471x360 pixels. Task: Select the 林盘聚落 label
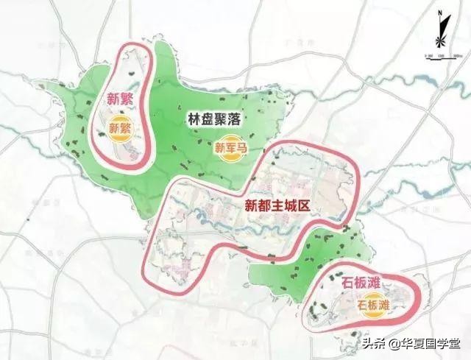[213, 116]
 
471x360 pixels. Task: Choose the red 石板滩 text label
[339, 283]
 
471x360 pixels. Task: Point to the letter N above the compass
[438, 13]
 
